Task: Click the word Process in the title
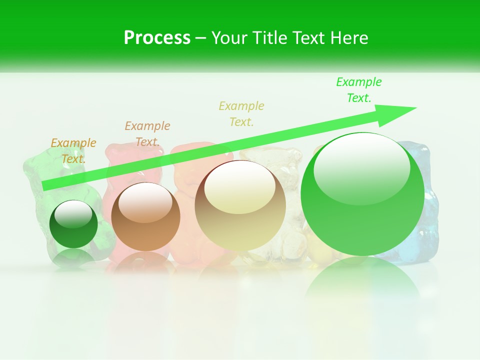157,38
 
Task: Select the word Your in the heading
228,38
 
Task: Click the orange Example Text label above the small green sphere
73,150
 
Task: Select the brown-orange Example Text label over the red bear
147,133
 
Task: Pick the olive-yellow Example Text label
241,113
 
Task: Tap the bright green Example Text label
359,90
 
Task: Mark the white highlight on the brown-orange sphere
145,202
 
